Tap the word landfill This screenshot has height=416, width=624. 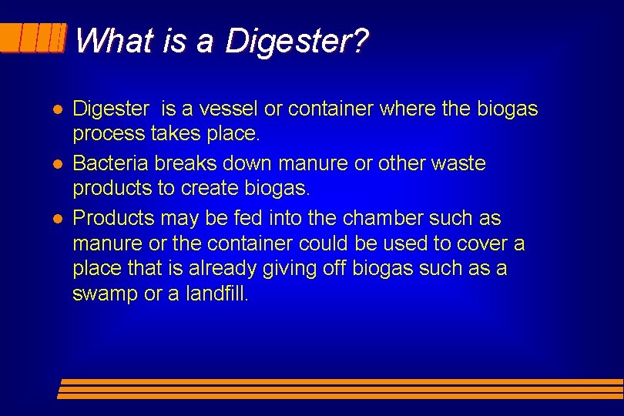[x=218, y=294]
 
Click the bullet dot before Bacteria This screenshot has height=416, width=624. [x=58, y=164]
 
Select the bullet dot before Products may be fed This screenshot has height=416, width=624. [x=58, y=218]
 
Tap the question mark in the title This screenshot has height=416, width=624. [x=361, y=41]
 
